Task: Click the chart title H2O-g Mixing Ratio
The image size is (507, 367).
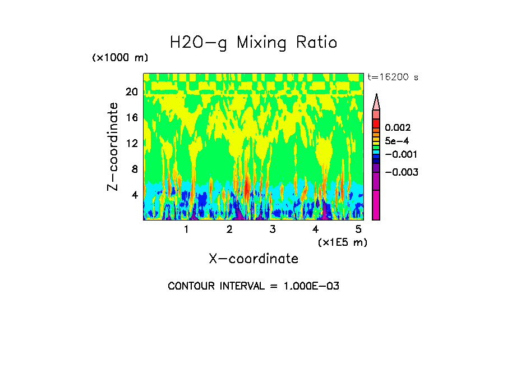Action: [x=253, y=43]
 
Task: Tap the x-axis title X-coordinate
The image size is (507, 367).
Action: [x=253, y=259]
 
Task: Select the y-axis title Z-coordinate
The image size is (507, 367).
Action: [x=113, y=146]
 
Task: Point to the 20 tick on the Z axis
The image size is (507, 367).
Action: [x=131, y=92]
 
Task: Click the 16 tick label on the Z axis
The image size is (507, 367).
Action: [x=131, y=118]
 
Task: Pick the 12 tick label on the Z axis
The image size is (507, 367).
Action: [x=131, y=144]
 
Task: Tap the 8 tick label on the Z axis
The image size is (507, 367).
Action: [x=134, y=169]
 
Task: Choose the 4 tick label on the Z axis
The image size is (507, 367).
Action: [x=134, y=195]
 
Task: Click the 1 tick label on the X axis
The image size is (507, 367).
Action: [x=186, y=230]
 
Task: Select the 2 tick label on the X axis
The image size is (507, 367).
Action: [x=229, y=230]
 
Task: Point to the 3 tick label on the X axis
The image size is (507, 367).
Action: [x=273, y=230]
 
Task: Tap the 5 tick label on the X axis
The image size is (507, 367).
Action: [x=359, y=230]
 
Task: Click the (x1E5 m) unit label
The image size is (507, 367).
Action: [x=342, y=242]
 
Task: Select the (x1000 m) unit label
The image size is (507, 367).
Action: [x=120, y=58]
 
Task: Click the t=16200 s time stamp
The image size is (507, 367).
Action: [x=393, y=77]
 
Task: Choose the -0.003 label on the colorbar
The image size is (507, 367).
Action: [x=402, y=172]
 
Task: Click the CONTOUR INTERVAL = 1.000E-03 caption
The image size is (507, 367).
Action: [x=253, y=286]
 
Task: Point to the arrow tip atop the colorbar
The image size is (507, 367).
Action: [x=376, y=95]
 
